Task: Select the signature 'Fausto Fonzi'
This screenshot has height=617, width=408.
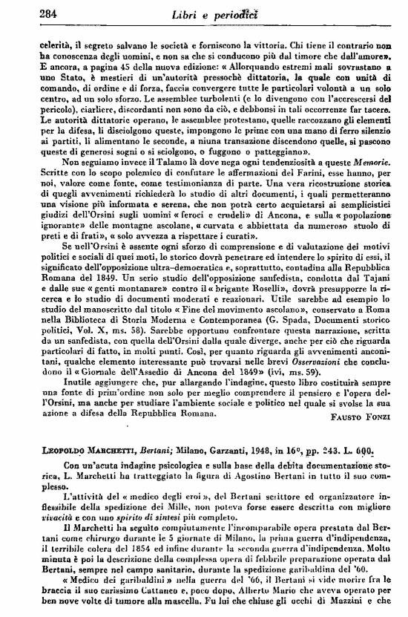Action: pos(362,417)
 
